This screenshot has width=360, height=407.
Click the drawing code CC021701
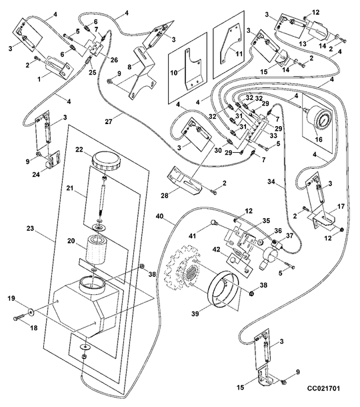[x=323, y=388]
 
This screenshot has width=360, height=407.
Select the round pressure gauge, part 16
[x=319, y=120]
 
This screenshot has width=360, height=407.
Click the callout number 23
[x=31, y=228]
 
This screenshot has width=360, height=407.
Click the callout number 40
[x=160, y=216]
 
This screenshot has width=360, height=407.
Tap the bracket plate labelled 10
[x=193, y=69]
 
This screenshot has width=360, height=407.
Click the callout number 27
[x=109, y=121]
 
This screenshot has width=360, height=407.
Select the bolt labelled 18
[x=19, y=318]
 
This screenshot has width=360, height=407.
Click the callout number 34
[x=271, y=181]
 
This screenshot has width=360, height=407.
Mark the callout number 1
[x=39, y=79]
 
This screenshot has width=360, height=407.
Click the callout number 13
[x=303, y=43]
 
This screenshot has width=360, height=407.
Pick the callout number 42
[x=217, y=250]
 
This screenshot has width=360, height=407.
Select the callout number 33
[x=273, y=135]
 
